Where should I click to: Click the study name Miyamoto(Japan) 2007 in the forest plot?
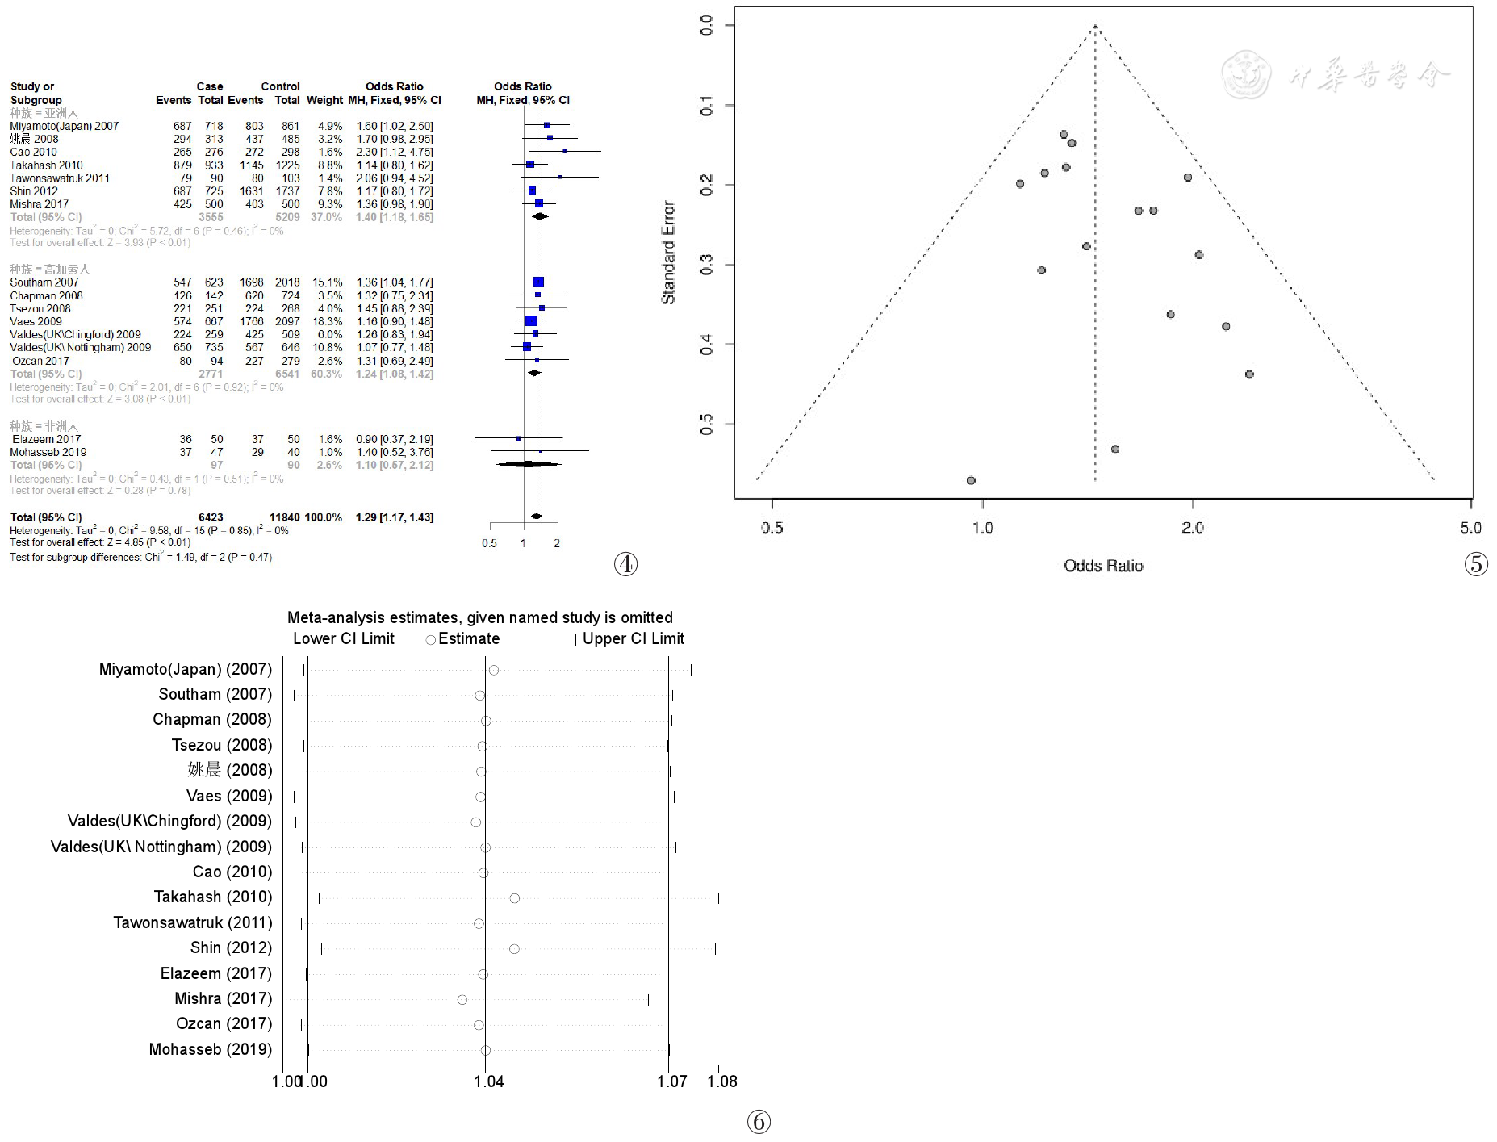point(64,126)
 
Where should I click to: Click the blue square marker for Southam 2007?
point(538,282)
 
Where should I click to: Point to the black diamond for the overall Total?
point(536,516)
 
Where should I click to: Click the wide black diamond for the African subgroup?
point(528,464)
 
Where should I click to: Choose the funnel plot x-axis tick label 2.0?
point(1192,528)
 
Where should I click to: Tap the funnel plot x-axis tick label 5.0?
point(1470,528)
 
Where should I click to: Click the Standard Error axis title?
point(668,253)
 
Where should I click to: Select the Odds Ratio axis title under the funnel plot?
point(1103,566)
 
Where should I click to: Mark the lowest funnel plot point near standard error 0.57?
point(971,480)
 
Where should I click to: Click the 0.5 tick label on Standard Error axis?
point(707,425)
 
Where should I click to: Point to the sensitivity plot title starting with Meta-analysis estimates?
point(479,617)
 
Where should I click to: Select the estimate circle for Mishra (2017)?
point(462,1000)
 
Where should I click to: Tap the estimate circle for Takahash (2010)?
point(515,898)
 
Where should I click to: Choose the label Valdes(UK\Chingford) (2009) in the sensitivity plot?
point(169,821)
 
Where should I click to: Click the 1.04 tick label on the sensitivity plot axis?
point(488,1081)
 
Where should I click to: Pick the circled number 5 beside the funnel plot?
point(1476,564)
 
